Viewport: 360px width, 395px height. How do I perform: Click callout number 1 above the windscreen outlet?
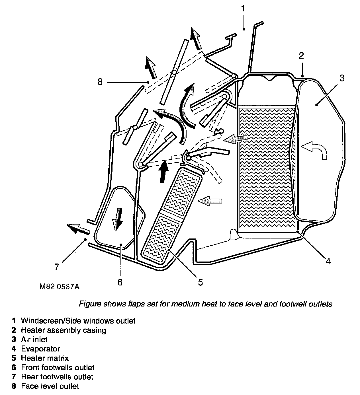click(243, 9)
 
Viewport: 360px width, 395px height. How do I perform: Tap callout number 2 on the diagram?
click(302, 55)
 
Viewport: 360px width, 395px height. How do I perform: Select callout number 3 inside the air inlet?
click(342, 78)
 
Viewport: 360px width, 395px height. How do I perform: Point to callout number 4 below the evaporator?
click(328, 261)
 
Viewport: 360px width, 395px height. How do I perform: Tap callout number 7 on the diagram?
click(57, 267)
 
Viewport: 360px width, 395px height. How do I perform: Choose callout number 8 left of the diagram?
click(100, 82)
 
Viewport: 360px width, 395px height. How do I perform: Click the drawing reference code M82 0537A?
click(60, 286)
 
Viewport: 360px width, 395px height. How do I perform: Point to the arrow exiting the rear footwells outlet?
click(77, 229)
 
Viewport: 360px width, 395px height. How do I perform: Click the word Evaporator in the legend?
click(40, 349)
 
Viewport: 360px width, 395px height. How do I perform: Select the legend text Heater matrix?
click(45, 358)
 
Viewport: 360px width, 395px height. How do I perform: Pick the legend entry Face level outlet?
click(50, 386)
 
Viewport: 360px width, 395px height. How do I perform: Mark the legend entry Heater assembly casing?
click(63, 330)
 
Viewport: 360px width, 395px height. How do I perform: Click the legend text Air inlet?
click(34, 340)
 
